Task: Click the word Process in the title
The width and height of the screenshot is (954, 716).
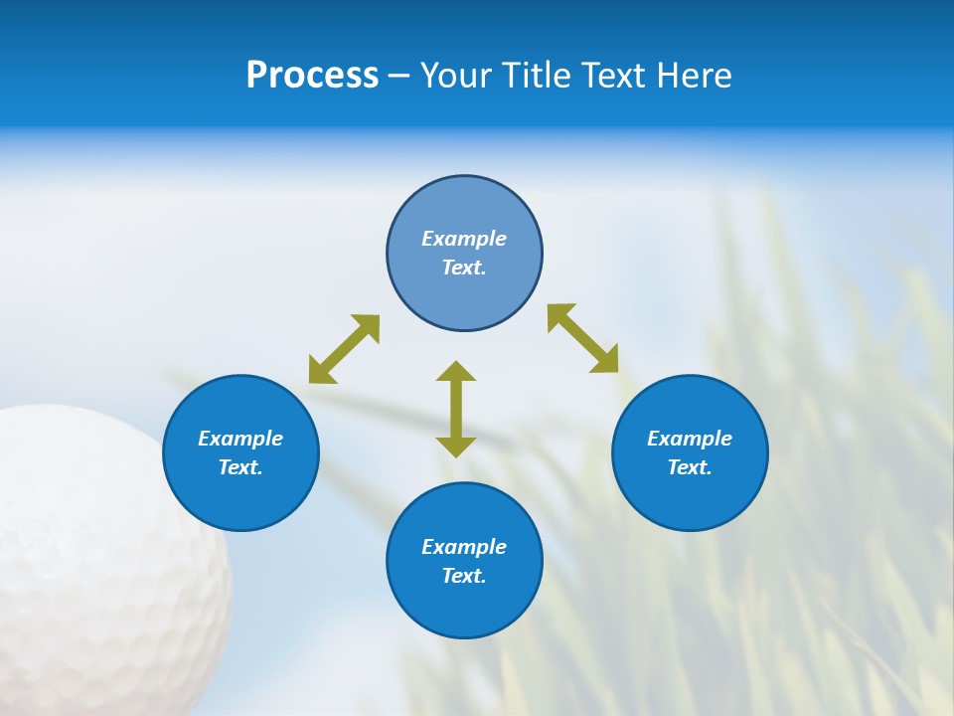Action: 312,76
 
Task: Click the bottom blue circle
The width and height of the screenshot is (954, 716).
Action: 464,607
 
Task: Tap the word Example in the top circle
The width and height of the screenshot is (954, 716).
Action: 464,239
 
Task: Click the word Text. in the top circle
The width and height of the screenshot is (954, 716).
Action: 464,268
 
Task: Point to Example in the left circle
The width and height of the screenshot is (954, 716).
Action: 240,439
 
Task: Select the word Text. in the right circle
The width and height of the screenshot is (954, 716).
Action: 690,467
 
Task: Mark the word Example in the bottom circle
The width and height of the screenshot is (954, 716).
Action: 464,547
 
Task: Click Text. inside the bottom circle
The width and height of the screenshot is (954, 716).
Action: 464,576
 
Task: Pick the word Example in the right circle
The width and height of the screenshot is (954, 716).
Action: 690,439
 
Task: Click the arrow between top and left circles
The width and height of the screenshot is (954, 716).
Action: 344,349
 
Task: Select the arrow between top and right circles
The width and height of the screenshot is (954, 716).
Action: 583,338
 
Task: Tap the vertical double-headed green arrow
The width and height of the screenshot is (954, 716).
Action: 456,409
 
